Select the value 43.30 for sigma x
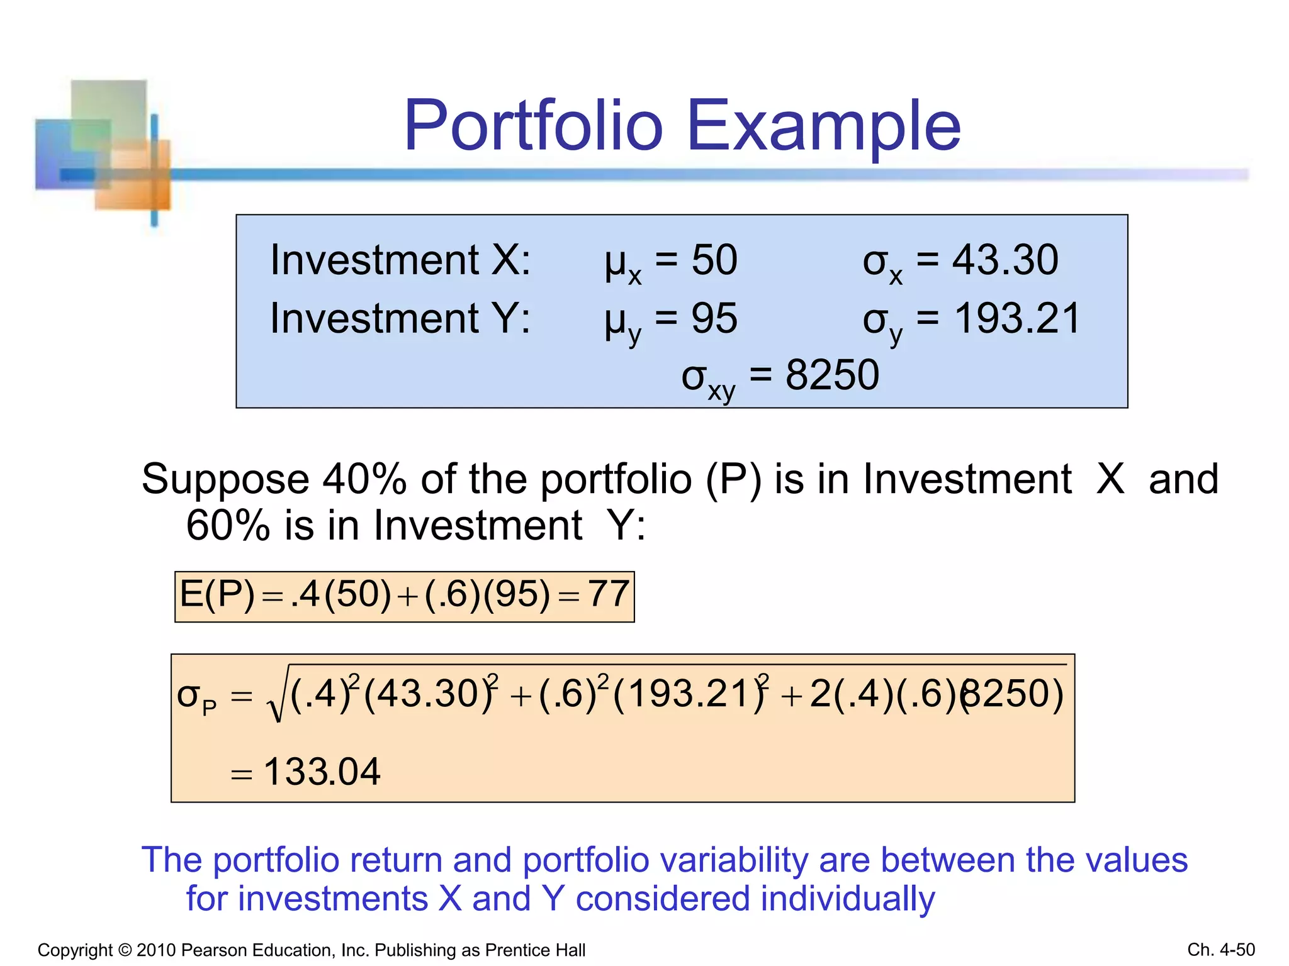(1005, 260)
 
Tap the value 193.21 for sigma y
(1017, 318)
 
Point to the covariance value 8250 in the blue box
(831, 375)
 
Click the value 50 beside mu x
(714, 260)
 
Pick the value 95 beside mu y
(714, 318)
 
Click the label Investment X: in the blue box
(400, 260)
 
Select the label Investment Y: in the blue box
(400, 318)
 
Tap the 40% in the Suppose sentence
(364, 479)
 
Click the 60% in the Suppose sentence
(228, 525)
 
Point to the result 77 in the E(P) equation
(608, 594)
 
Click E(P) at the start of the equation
(217, 594)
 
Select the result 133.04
(322, 772)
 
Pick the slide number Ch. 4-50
(1220, 950)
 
